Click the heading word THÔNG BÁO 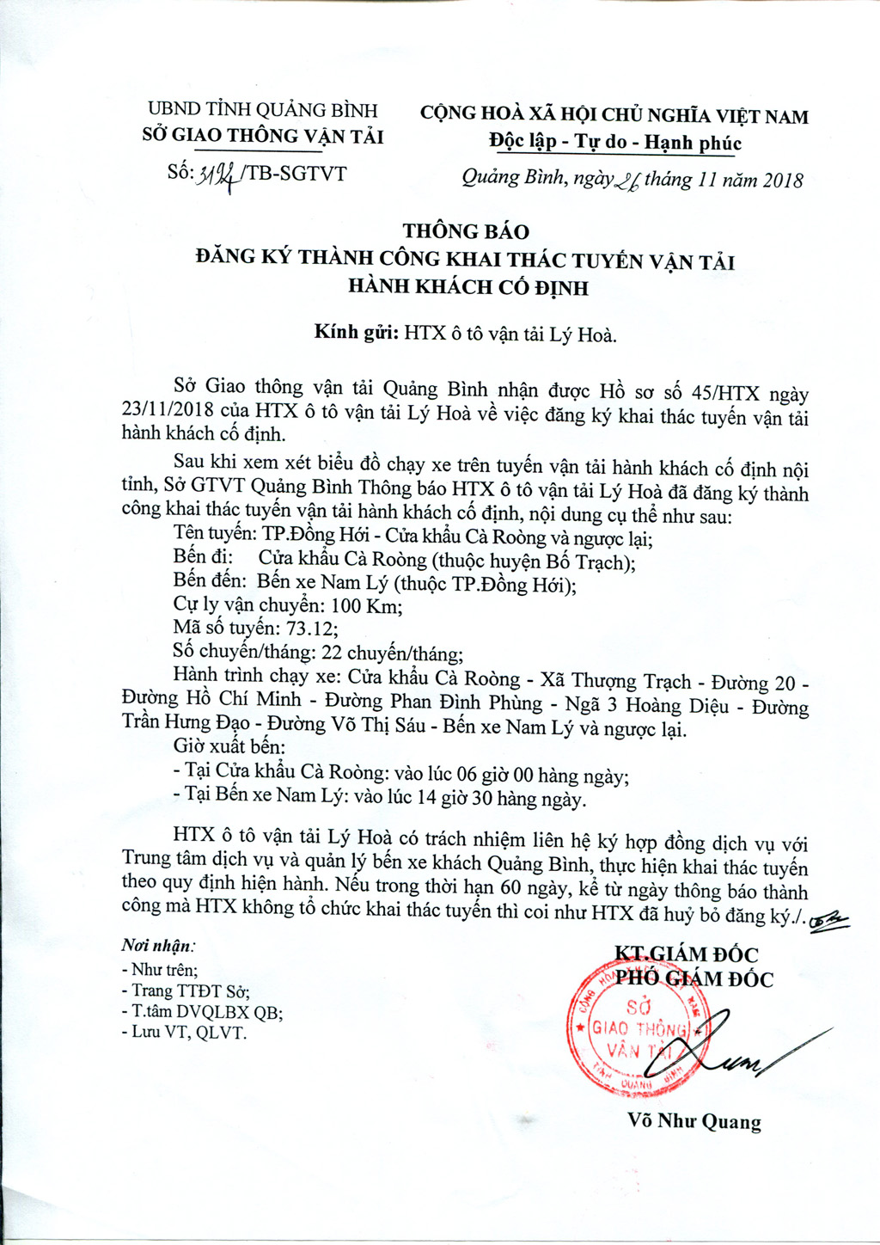pyautogui.click(x=467, y=231)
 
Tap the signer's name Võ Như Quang pyautogui.click(x=694, y=1121)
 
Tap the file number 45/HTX pyautogui.click(x=725, y=394)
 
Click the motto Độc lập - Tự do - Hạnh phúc pyautogui.click(x=614, y=143)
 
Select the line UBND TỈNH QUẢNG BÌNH pyautogui.click(x=263, y=110)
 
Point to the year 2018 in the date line pyautogui.click(x=782, y=181)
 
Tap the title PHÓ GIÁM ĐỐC pyautogui.click(x=694, y=979)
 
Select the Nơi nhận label pyautogui.click(x=158, y=945)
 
